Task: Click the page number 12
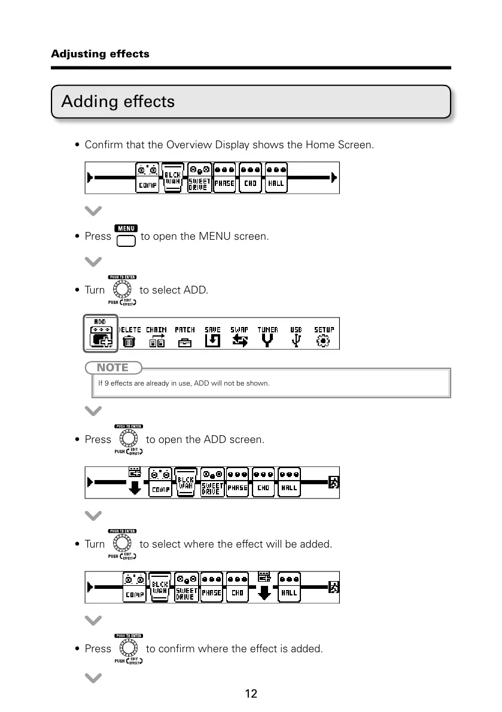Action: [251, 694]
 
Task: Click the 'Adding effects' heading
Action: [118, 102]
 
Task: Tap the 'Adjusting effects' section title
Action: [100, 54]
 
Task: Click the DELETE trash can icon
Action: [129, 341]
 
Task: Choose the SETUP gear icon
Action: [324, 341]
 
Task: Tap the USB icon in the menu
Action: [296, 341]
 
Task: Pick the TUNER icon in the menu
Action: [267, 341]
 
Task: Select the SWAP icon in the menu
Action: [239, 341]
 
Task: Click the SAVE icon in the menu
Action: [212, 341]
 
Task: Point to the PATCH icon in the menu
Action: [185, 341]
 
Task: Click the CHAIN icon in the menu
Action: [157, 341]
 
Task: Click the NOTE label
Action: [114, 367]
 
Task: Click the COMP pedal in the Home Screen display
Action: [148, 178]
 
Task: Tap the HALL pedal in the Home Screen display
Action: [276, 178]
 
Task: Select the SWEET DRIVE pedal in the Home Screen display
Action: [199, 178]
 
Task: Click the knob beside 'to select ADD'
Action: [122, 290]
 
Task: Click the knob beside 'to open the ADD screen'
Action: [128, 439]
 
